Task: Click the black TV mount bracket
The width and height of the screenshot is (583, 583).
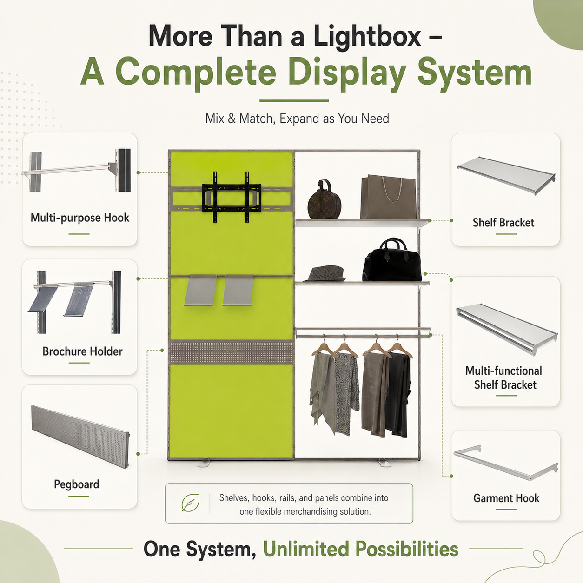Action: pos(232,197)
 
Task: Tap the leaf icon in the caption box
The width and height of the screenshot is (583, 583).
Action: pos(190,503)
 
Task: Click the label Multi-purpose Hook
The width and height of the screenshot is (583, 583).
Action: pos(80,218)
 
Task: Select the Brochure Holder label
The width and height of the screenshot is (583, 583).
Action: pos(82,351)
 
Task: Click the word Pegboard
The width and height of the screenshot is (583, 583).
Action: pos(77,484)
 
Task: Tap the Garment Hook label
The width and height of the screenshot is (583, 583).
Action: pos(506,498)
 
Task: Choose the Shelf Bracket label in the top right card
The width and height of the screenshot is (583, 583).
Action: pos(503,223)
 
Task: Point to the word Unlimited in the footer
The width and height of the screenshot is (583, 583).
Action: pos(306,549)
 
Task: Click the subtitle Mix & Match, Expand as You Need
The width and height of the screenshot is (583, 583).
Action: pos(297,119)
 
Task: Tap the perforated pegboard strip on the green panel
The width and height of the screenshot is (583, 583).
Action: pos(232,351)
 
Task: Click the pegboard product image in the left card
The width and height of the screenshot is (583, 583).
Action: pos(80,437)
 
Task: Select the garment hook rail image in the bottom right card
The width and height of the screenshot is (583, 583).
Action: pos(506,465)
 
